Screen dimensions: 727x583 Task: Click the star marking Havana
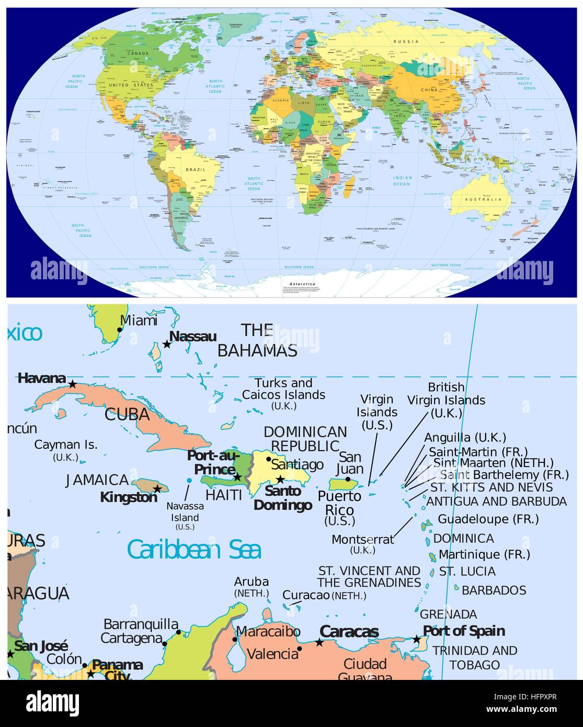(x=73, y=384)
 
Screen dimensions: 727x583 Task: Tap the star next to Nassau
(x=167, y=344)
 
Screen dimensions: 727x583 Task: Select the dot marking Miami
(x=120, y=330)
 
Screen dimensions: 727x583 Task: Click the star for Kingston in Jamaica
(x=157, y=488)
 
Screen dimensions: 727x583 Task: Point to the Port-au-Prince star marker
(x=237, y=477)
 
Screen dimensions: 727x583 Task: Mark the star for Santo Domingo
(x=280, y=479)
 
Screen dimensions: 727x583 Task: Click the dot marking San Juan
(x=348, y=479)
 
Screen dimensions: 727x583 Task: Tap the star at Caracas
(x=319, y=642)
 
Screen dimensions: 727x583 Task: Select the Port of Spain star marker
(x=416, y=639)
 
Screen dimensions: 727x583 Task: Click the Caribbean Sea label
(x=194, y=550)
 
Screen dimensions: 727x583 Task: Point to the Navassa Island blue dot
(x=189, y=480)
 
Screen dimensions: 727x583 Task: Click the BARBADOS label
(x=494, y=590)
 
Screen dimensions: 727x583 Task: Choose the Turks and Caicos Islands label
(x=283, y=390)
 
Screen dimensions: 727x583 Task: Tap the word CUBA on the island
(x=127, y=415)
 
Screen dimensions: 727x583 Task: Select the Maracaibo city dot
(x=235, y=639)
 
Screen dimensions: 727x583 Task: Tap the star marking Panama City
(x=90, y=673)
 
